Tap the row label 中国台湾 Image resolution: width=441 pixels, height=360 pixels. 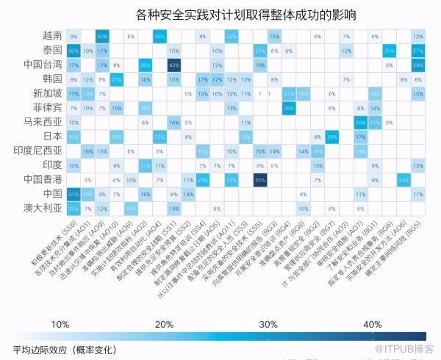(43, 65)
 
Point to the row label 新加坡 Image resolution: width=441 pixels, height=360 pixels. (49, 93)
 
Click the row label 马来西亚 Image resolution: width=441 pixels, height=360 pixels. (43, 122)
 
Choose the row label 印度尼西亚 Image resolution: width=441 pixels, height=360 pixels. (39, 151)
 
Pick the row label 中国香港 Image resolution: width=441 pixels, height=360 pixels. (43, 179)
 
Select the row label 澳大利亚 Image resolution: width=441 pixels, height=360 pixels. (43, 208)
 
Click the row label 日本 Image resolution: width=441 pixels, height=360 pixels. (53, 137)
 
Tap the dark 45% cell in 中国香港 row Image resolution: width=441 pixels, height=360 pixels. (259, 180)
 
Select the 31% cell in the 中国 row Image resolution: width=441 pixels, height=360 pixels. (73, 194)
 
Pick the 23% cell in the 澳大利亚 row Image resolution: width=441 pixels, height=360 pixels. (73, 209)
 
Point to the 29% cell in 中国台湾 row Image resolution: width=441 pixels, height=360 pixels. (418, 65)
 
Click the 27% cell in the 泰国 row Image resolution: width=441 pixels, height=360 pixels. (418, 51)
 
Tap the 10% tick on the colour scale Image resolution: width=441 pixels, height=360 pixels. (61, 324)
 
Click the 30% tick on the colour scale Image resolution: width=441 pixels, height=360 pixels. (269, 324)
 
